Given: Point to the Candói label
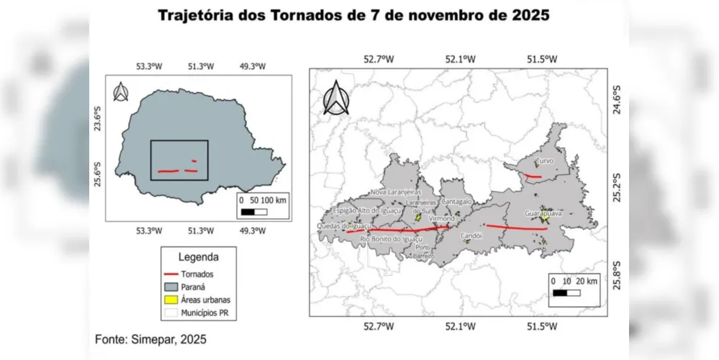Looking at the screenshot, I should [x=471, y=235].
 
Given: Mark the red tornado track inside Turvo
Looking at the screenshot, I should [x=532, y=176].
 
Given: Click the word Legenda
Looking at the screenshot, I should [x=199, y=256].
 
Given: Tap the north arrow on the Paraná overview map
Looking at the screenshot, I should [x=122, y=92].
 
